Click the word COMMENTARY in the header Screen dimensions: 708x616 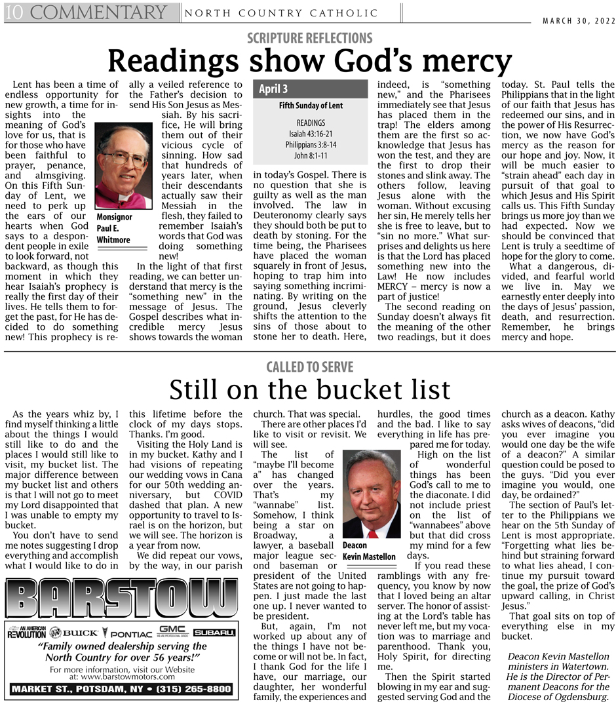click(98, 12)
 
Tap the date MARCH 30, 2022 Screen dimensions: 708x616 click(579, 20)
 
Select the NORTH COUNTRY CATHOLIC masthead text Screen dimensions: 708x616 click(282, 13)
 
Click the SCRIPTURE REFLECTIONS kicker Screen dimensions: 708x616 click(309, 38)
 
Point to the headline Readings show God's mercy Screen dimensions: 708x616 click(309, 62)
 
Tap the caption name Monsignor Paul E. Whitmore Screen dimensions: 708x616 click(114, 228)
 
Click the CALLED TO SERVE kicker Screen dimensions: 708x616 click(309, 367)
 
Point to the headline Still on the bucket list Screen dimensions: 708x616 click(309, 390)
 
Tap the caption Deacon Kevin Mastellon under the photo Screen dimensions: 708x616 click(370, 551)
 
